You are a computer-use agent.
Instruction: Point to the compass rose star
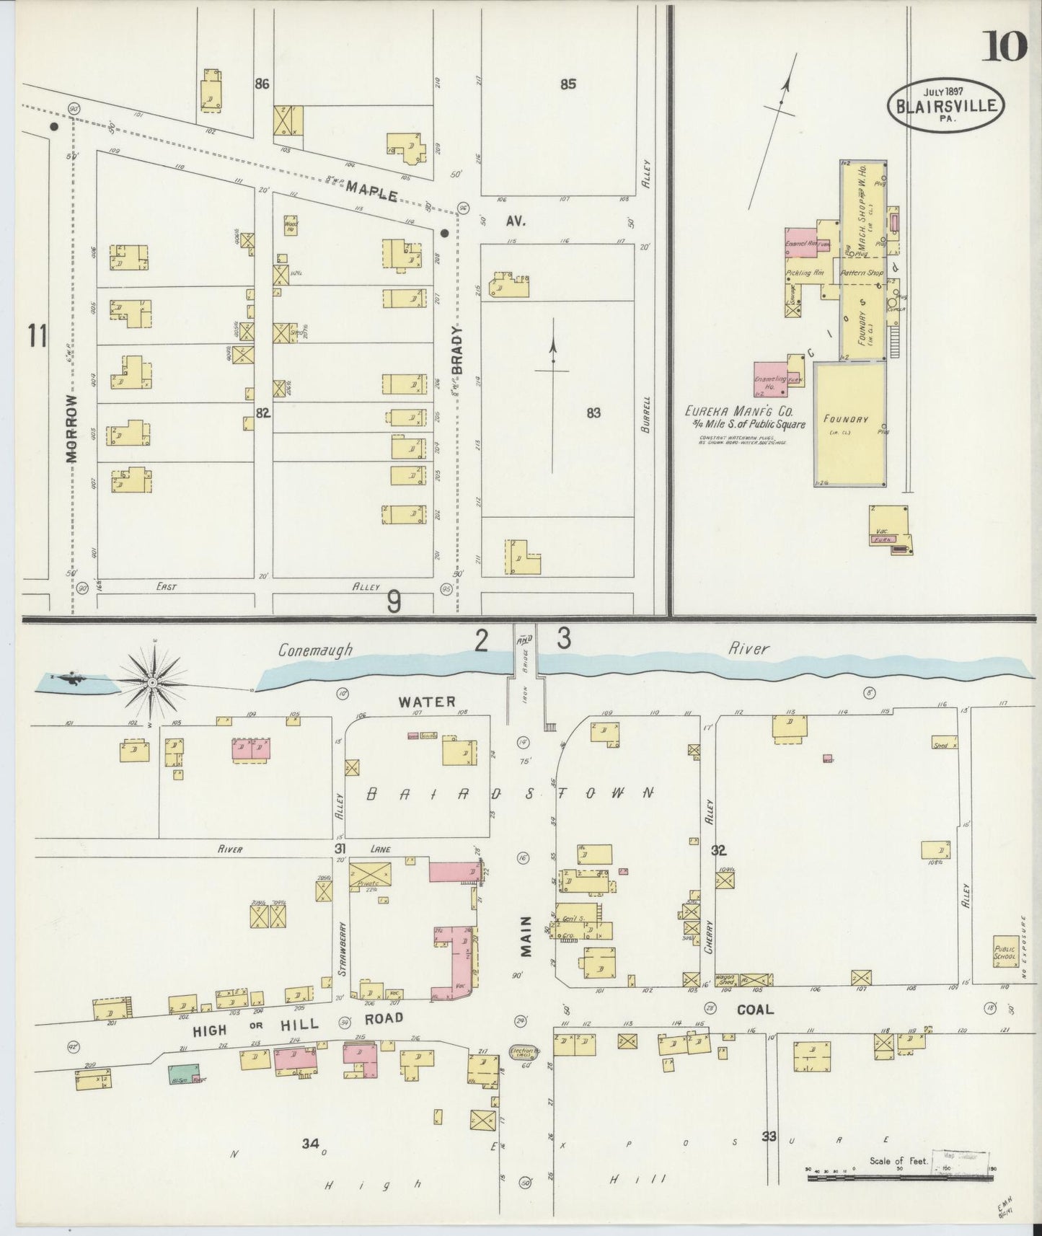(x=153, y=681)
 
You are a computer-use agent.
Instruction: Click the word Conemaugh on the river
(x=316, y=650)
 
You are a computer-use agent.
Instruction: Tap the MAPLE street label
(x=371, y=191)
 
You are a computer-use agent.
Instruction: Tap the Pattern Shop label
(x=865, y=273)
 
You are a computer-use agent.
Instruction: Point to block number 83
(x=593, y=413)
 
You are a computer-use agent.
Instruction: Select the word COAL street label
(x=755, y=1010)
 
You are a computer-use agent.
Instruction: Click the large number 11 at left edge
(x=37, y=336)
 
